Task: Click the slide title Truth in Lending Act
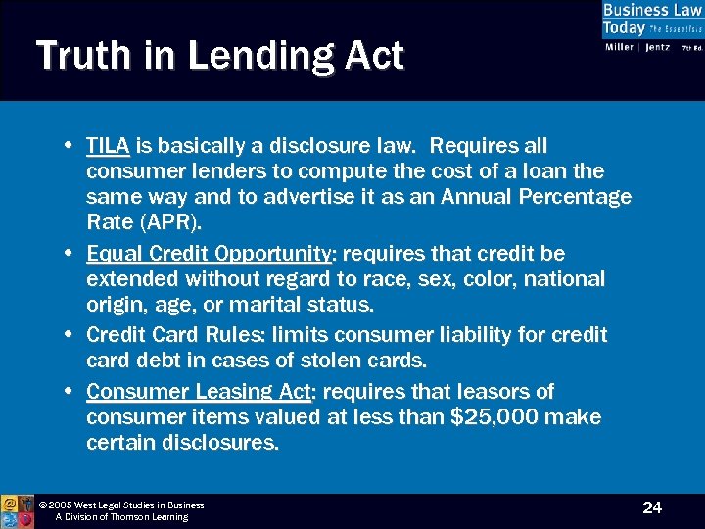click(219, 55)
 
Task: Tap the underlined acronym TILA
click(108, 146)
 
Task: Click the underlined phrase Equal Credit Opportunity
click(209, 254)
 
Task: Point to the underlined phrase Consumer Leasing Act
click(199, 392)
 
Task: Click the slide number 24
click(652, 507)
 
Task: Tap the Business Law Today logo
click(651, 26)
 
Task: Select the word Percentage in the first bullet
click(571, 197)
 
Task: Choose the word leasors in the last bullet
click(491, 392)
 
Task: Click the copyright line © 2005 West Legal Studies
click(121, 505)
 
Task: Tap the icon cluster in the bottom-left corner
click(17, 510)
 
